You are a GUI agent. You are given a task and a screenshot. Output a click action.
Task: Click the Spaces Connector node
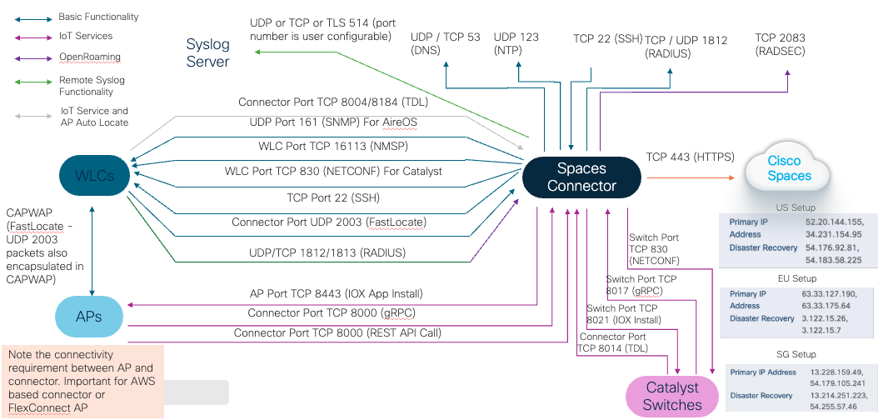click(x=581, y=177)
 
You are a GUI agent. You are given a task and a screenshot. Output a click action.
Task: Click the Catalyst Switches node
click(x=672, y=396)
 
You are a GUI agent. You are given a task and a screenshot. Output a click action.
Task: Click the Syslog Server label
click(x=208, y=53)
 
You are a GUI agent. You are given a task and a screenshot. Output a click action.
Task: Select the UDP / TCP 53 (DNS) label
click(x=446, y=44)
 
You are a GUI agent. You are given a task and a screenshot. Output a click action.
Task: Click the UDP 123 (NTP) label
click(x=516, y=44)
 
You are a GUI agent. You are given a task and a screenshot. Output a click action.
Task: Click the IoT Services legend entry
click(x=86, y=36)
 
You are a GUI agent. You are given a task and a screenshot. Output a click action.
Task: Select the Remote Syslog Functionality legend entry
click(x=92, y=86)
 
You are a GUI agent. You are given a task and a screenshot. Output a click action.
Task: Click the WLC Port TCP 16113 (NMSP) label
click(x=325, y=146)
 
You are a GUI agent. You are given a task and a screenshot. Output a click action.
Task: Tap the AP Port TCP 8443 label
click(x=337, y=293)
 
